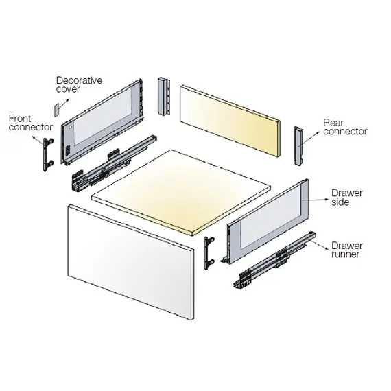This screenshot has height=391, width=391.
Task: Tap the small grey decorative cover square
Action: [x=57, y=109]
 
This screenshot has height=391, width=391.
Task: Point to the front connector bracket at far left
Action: [x=46, y=155]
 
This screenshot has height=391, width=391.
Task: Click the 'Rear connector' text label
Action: [x=344, y=127]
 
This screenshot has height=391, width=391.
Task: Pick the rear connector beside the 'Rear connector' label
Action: [x=299, y=146]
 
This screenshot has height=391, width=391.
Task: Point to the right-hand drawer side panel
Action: [x=267, y=222]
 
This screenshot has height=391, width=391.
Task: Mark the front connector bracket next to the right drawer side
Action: [x=210, y=250]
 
